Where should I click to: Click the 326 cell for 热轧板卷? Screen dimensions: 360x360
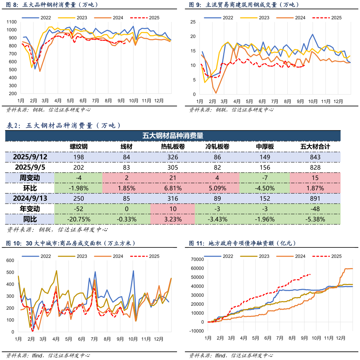coord(173,157)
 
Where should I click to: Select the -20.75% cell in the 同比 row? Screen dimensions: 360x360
coord(78,219)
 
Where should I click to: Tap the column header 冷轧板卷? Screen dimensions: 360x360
coord(217,147)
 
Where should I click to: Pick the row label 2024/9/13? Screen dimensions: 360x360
coord(30,198)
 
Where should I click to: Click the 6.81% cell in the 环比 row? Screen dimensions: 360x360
coord(173,188)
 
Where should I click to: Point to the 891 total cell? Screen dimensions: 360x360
coord(315,198)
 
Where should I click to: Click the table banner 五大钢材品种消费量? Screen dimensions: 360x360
coord(173,135)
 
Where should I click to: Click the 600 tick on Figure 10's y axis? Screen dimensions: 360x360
coord(10,260)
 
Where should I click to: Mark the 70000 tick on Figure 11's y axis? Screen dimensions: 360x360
coord(197,259)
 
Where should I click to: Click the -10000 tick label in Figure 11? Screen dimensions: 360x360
coord(196,331)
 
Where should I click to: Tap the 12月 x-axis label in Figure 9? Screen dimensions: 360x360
coord(338,101)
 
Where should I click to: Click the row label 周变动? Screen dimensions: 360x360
coord(30,178)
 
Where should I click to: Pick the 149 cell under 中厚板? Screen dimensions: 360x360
coord(265,157)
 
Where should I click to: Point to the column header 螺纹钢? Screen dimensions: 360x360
coord(78,147)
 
